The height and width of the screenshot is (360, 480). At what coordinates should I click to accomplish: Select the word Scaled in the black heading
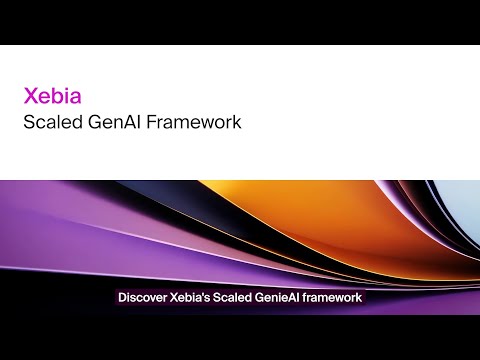pyautogui.click(x=51, y=124)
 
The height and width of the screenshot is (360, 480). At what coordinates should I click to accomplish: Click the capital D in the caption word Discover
pyautogui.click(x=122, y=297)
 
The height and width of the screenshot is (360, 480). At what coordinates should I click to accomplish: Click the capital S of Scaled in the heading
pyautogui.click(x=30, y=124)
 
